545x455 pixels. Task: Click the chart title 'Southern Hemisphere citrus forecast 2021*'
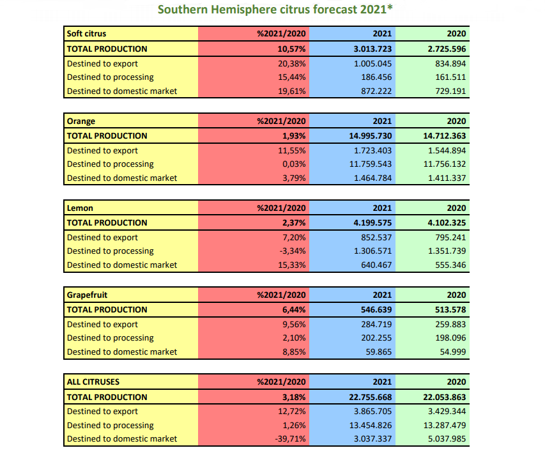click(275, 10)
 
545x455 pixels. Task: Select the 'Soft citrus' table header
click(86, 34)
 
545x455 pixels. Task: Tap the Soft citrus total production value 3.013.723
click(372, 49)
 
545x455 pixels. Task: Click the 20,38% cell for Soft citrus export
click(291, 64)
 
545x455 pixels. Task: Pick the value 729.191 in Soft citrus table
click(450, 91)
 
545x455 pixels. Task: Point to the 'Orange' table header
click(81, 121)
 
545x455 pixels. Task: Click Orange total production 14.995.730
click(370, 136)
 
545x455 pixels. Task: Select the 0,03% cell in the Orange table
click(294, 164)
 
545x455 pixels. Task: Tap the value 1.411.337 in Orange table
click(447, 178)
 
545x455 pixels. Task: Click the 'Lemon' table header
click(80, 208)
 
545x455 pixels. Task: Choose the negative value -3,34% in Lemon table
click(293, 251)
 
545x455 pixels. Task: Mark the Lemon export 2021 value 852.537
click(376, 238)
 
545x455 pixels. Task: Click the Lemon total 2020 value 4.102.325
click(447, 223)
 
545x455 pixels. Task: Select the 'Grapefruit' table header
click(88, 295)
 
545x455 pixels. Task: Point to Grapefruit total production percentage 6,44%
click(294, 310)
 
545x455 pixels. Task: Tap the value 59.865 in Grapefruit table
click(378, 351)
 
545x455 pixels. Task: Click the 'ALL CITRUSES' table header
click(93, 382)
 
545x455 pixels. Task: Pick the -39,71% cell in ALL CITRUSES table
click(290, 439)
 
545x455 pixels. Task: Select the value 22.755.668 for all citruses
click(370, 397)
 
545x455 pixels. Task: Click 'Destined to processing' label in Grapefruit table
click(110, 338)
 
